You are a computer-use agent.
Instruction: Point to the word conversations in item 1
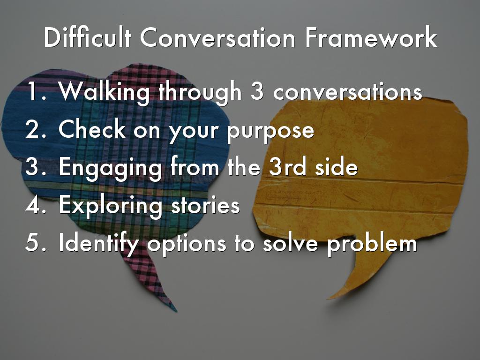pyautogui.click(x=347, y=92)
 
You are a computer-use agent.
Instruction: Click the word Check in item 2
pyautogui.click(x=92, y=130)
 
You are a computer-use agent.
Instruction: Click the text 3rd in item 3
pyautogui.click(x=288, y=168)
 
